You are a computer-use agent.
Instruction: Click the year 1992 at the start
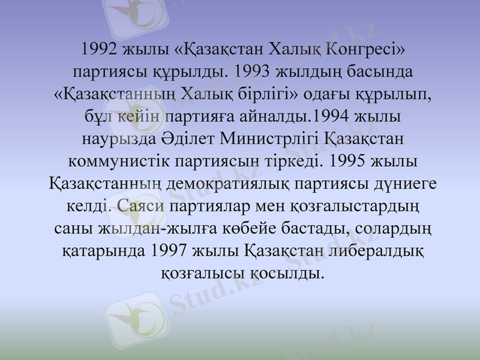click(x=99, y=49)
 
